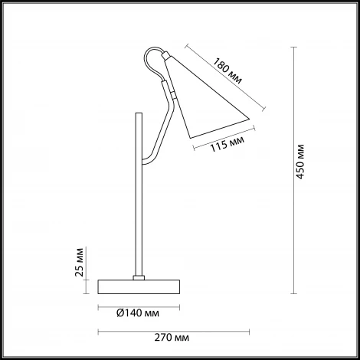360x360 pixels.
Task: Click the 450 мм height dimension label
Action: coord(301,162)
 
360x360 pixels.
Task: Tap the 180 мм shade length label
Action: coord(227,71)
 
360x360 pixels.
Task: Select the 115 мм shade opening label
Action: coord(227,145)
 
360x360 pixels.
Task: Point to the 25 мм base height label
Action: coord(80,262)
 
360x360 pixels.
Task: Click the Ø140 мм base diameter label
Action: coord(138,313)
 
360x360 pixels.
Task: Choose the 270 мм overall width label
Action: coord(172,338)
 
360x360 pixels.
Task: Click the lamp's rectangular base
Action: coord(139,286)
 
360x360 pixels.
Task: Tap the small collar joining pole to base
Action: coord(139,277)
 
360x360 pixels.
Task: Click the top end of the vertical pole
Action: coord(139,113)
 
